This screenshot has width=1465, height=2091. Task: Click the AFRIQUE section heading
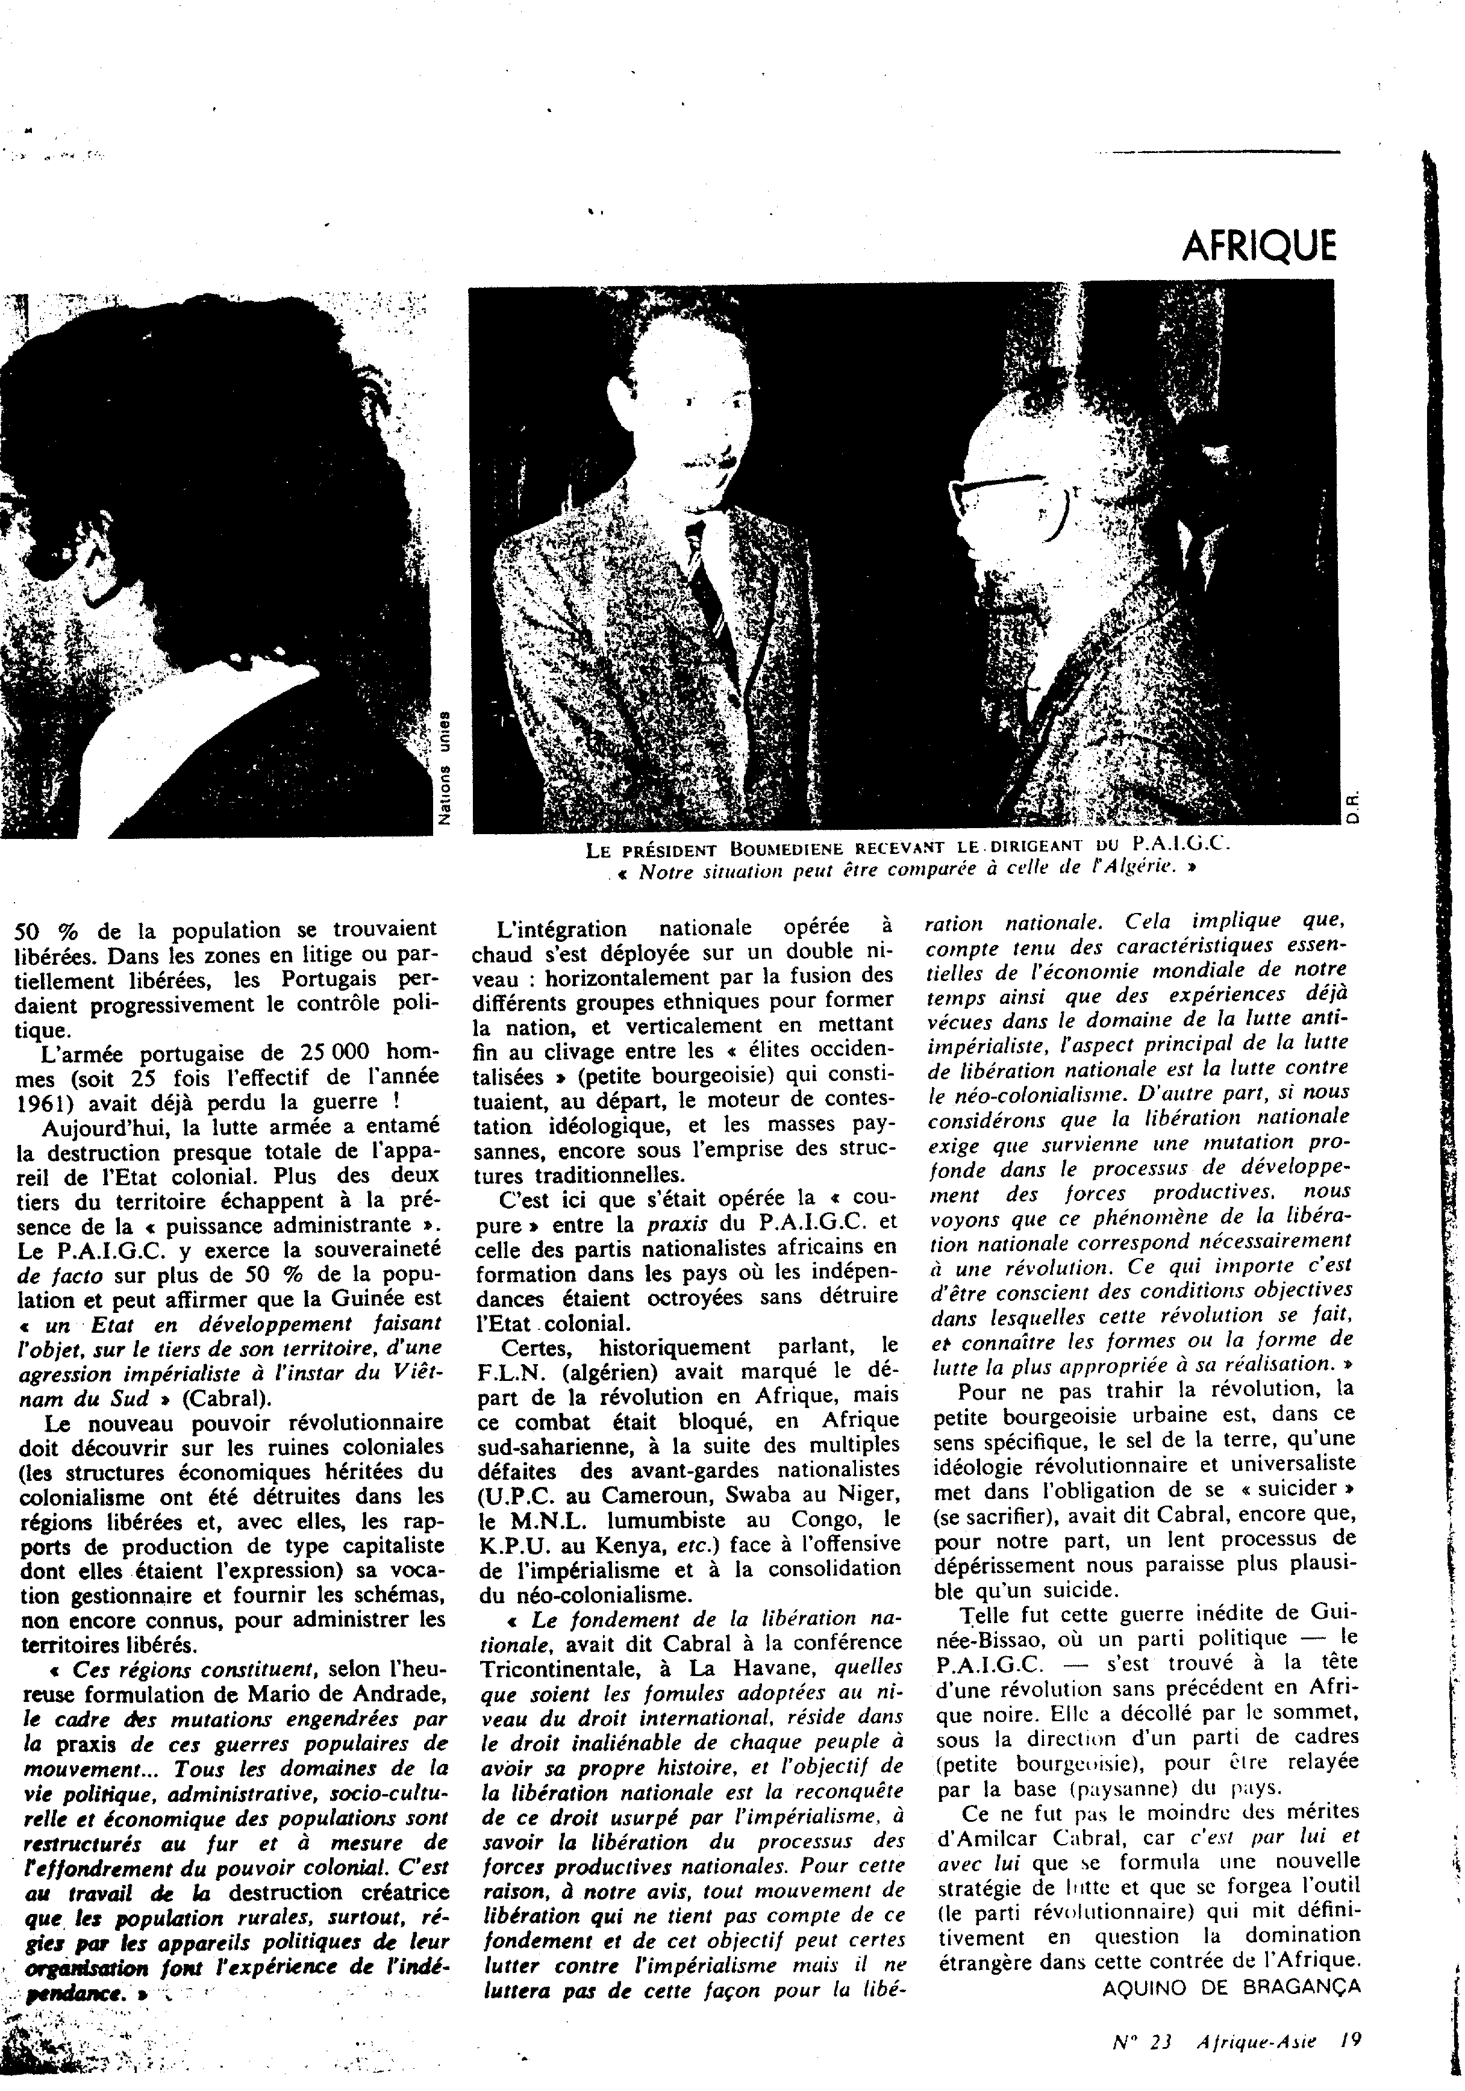coord(1259,245)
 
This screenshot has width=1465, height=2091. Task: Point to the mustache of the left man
coord(702,461)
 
